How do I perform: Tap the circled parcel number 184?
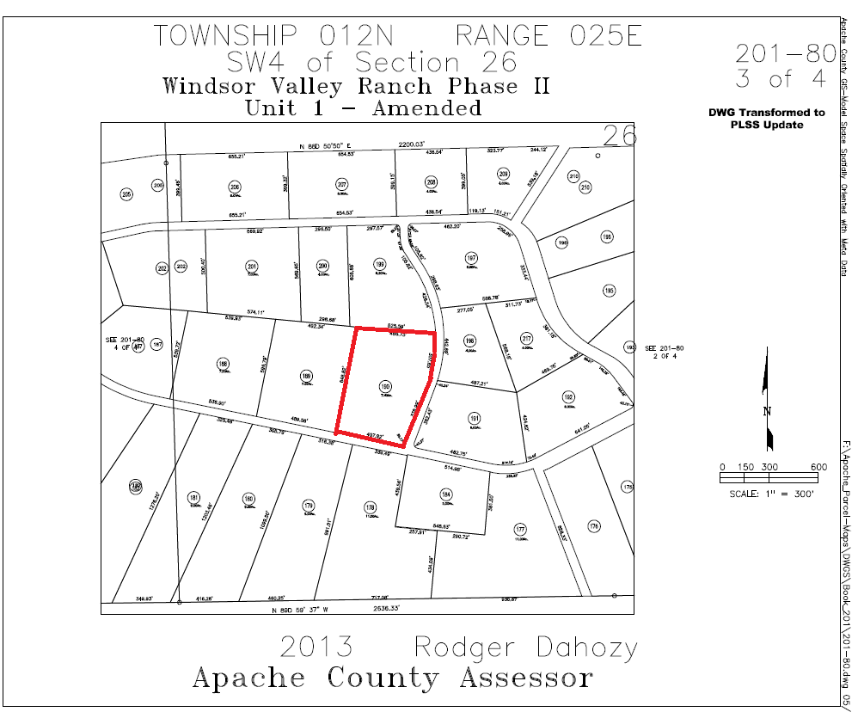point(446,494)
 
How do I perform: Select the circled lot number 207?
point(342,186)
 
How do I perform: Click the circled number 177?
point(520,529)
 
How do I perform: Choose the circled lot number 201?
point(252,266)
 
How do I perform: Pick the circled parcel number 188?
point(224,364)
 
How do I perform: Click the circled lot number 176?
point(593,525)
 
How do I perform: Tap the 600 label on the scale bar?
point(818,467)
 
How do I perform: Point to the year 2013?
point(316,647)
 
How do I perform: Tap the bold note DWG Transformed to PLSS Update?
point(767,119)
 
